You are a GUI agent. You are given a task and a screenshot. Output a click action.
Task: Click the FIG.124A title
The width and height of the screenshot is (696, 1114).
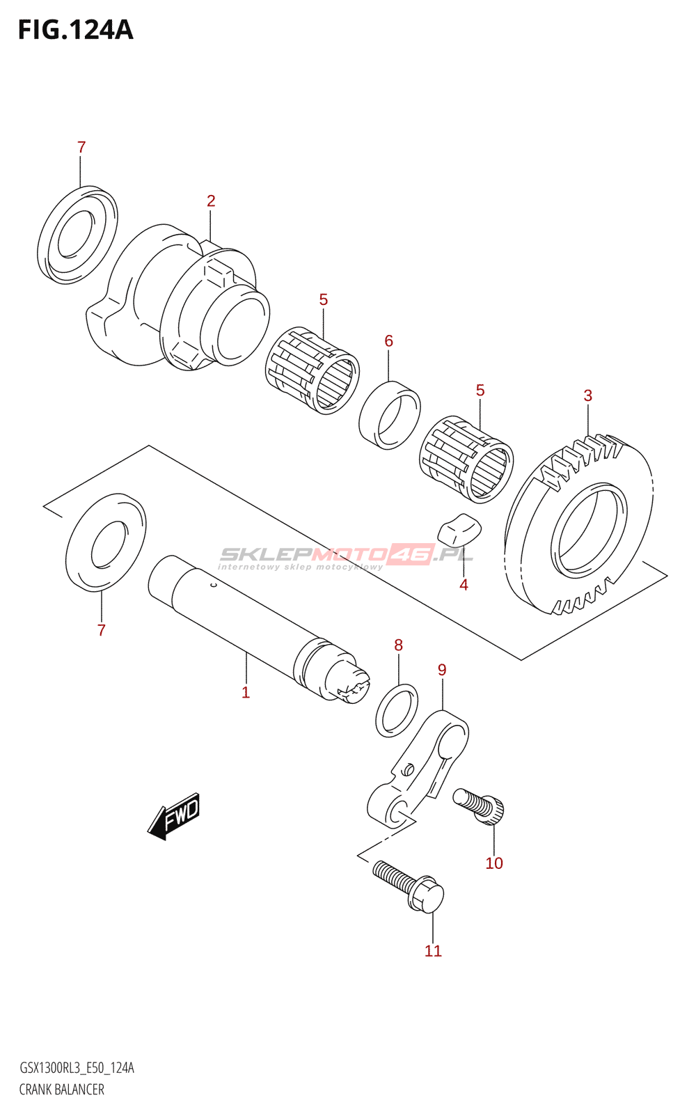(75, 30)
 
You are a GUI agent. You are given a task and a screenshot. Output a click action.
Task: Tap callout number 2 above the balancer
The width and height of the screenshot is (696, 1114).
(211, 201)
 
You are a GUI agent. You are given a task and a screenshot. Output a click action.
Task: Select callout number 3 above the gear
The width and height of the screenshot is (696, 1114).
(588, 396)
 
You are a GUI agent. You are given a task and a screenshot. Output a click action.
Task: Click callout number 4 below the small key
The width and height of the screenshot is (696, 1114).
(464, 585)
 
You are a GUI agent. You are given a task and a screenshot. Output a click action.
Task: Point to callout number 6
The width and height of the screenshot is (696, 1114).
(388, 341)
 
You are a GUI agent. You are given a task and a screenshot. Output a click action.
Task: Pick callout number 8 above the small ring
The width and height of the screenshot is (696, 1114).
(398, 645)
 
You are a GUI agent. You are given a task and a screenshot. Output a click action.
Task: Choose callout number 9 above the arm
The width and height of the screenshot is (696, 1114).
(442, 670)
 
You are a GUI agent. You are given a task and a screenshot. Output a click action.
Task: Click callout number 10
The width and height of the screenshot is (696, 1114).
(494, 863)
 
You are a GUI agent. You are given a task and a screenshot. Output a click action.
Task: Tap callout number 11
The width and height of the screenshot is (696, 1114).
(433, 951)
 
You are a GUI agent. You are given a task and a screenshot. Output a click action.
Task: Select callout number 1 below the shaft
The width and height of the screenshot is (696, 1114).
(246, 692)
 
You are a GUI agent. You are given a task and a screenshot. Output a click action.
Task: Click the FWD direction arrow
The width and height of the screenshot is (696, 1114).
(174, 815)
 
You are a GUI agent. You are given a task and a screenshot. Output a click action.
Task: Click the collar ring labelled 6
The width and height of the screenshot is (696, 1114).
(390, 415)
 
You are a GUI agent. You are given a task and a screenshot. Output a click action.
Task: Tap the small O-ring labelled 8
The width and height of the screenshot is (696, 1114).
(397, 711)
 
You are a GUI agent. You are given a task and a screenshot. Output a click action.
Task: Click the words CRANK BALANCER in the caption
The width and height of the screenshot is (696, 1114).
(62, 1090)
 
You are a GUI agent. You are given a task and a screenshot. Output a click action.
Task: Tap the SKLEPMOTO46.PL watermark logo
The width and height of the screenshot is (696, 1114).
(346, 556)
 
